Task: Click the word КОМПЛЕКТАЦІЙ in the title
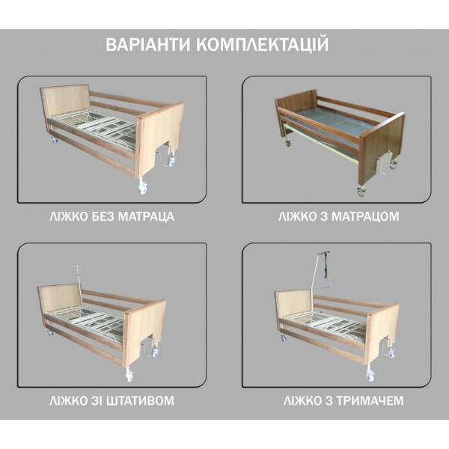coord(263,44)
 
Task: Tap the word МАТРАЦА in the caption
coord(146,216)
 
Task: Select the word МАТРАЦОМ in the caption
coord(365,216)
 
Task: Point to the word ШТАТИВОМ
coord(140,400)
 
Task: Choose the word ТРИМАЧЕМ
coord(370,400)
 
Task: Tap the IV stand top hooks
coord(77,268)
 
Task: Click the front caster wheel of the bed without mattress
coord(142,188)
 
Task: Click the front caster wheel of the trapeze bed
coord(370,376)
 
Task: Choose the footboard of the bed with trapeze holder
coord(383,333)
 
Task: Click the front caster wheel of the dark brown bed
coord(361,192)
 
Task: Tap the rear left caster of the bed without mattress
coord(54,140)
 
